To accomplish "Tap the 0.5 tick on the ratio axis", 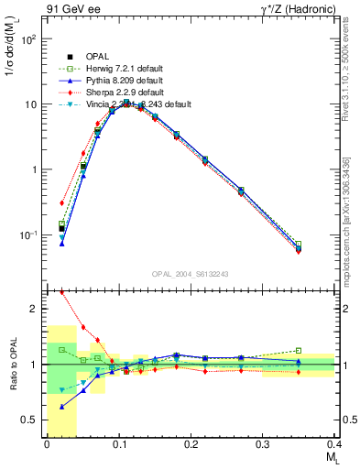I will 31,420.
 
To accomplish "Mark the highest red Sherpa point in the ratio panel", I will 61,292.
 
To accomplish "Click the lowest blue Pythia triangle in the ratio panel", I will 61,406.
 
